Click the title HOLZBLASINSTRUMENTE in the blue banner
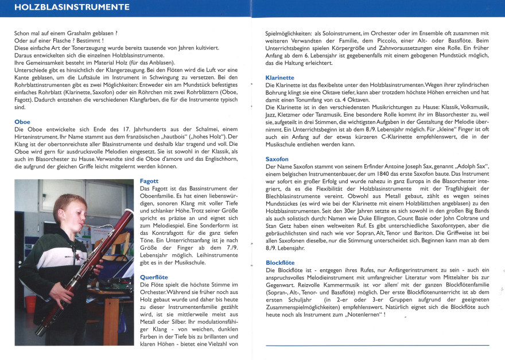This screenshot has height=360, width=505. point(71,7)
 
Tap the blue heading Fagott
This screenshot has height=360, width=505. point(150,181)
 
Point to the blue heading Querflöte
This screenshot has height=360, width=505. point(154,277)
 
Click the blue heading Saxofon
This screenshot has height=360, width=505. point(277,158)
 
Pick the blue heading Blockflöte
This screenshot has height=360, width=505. point(280,262)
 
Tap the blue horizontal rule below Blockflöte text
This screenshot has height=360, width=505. point(377,345)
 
